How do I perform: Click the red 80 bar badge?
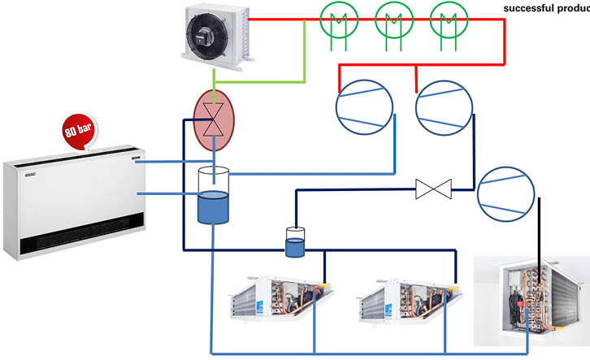tap(80, 131)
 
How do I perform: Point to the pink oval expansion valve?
tap(213, 119)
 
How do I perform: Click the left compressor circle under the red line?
tap(364, 108)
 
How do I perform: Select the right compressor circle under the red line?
tap(444, 108)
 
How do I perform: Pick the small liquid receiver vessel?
tap(295, 243)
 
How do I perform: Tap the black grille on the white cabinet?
tap(81, 241)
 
